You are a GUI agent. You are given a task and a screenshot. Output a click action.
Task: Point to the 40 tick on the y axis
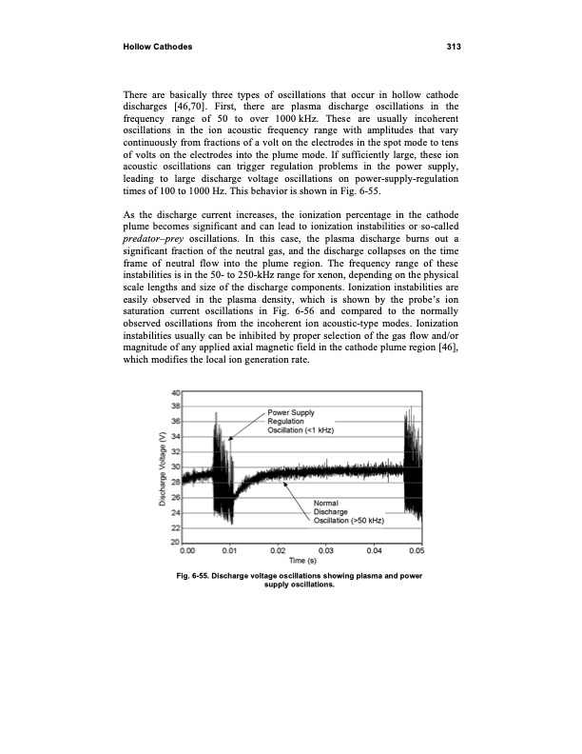point(177,393)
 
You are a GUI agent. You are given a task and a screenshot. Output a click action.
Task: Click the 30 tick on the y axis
point(177,467)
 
